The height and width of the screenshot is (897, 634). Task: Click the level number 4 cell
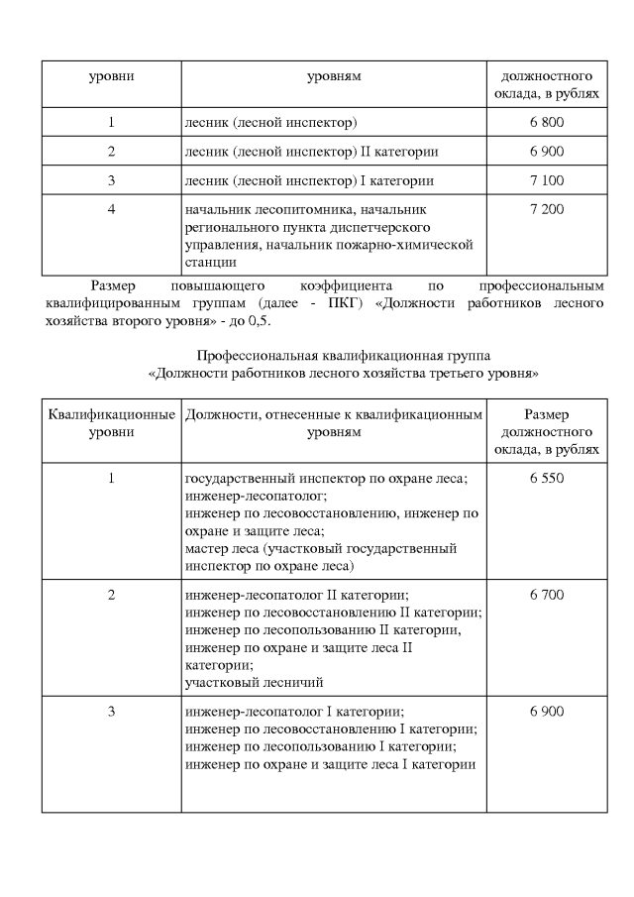pos(112,211)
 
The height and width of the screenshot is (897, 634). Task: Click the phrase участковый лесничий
pos(255,683)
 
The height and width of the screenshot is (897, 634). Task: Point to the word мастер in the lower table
pos(205,548)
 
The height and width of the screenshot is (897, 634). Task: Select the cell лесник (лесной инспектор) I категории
pos(309,181)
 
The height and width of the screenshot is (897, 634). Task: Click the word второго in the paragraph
pos(142,322)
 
